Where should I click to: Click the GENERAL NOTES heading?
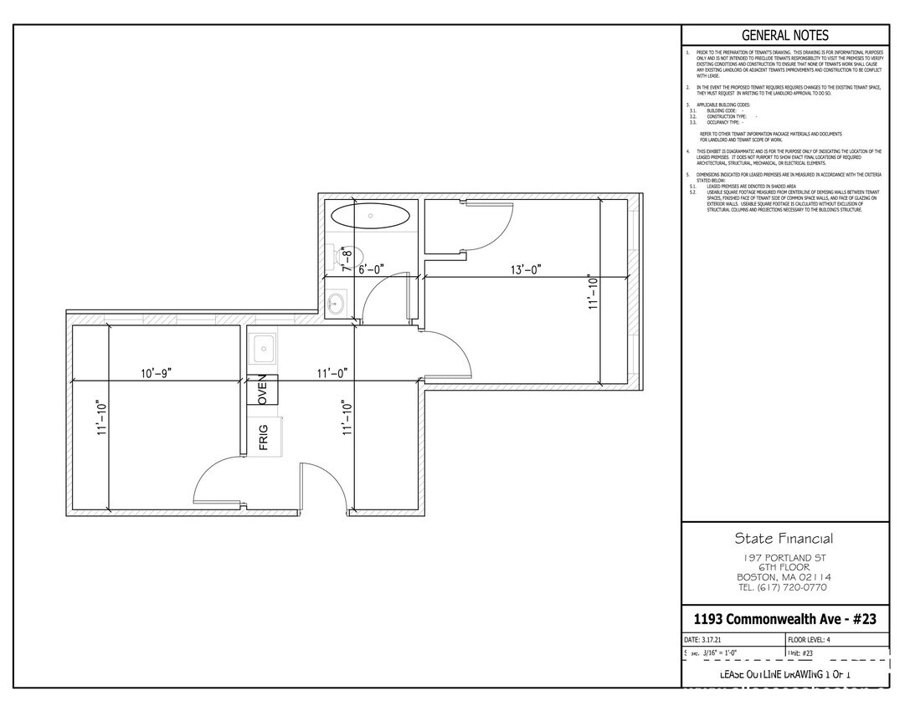pyautogui.click(x=784, y=35)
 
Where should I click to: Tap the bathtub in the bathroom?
pyautogui.click(x=371, y=214)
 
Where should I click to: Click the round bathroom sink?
pyautogui.click(x=337, y=303)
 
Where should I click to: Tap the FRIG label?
pyautogui.click(x=263, y=437)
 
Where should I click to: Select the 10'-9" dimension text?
pyautogui.click(x=157, y=372)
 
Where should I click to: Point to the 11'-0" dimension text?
pyautogui.click(x=332, y=372)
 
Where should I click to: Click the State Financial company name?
pyautogui.click(x=784, y=539)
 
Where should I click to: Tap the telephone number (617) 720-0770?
pyautogui.click(x=784, y=587)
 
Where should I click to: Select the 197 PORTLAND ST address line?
pyautogui.click(x=784, y=557)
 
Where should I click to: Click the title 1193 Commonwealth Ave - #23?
pyautogui.click(x=784, y=619)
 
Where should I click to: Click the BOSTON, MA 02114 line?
pyautogui.click(x=784, y=577)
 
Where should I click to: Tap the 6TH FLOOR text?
pyautogui.click(x=784, y=567)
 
